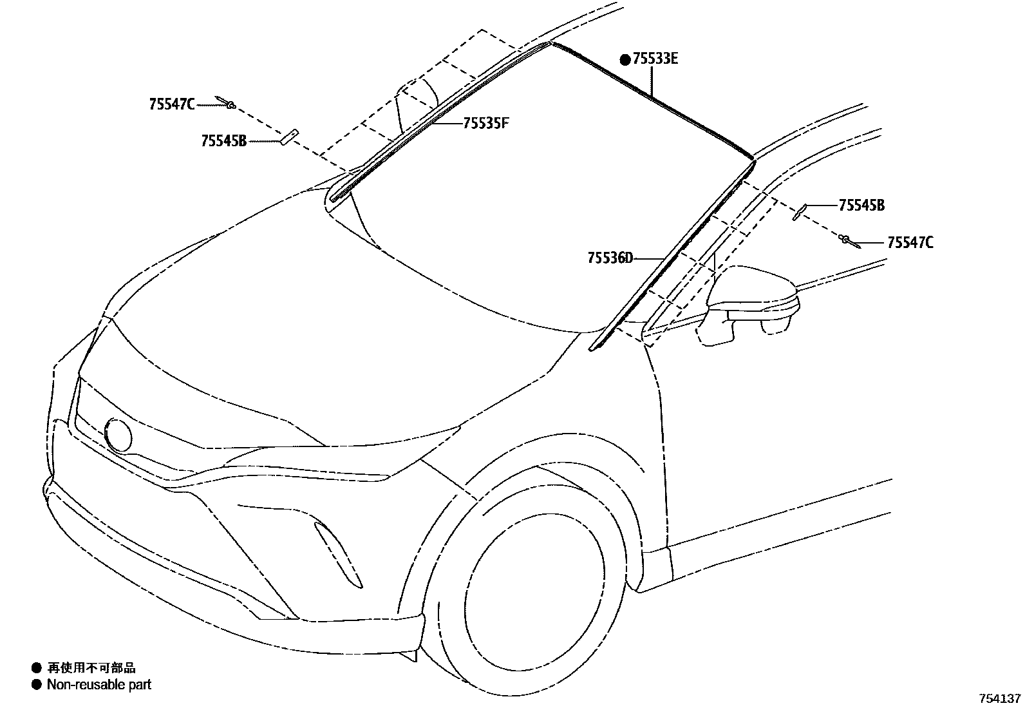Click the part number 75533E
point(655,59)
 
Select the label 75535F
point(485,122)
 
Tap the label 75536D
point(610,258)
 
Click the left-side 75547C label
point(171,104)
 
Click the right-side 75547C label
point(910,243)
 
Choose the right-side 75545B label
point(861,206)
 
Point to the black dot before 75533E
point(625,60)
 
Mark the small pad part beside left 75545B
point(287,137)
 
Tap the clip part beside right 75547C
point(848,241)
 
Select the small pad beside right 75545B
point(800,211)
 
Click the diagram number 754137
point(1000,698)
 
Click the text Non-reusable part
point(99,684)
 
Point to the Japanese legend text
point(91,668)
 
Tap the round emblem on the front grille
point(118,435)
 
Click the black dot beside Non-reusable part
point(36,684)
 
